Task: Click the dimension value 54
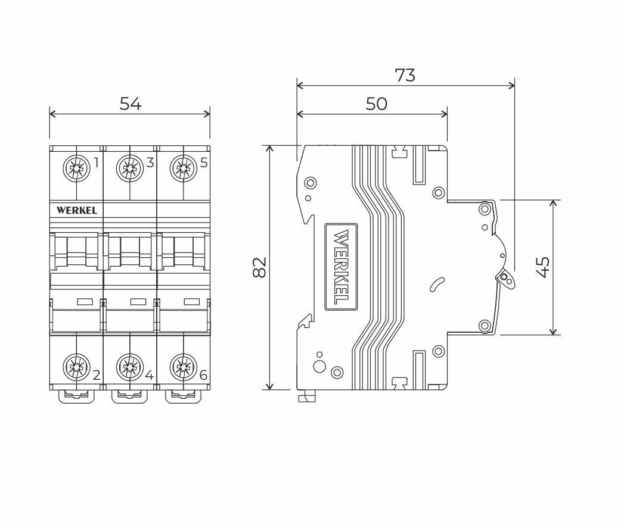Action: coord(131,104)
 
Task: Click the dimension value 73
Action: coord(405,75)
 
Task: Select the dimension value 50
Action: coord(376,104)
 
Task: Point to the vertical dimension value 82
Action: coord(260,267)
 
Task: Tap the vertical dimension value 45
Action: coord(542,267)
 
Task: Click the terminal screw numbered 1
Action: coord(76,168)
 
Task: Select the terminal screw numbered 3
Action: coord(130,168)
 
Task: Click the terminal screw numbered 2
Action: coord(76,367)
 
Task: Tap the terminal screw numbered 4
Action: coord(130,367)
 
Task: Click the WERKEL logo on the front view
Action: coord(76,210)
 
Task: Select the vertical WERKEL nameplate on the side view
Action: coord(341,267)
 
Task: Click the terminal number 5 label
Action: coord(204,163)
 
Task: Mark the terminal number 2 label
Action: coord(97,376)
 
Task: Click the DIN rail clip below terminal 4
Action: coord(130,397)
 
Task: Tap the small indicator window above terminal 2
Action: coord(85,302)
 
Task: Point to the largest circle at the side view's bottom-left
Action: coord(319,366)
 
